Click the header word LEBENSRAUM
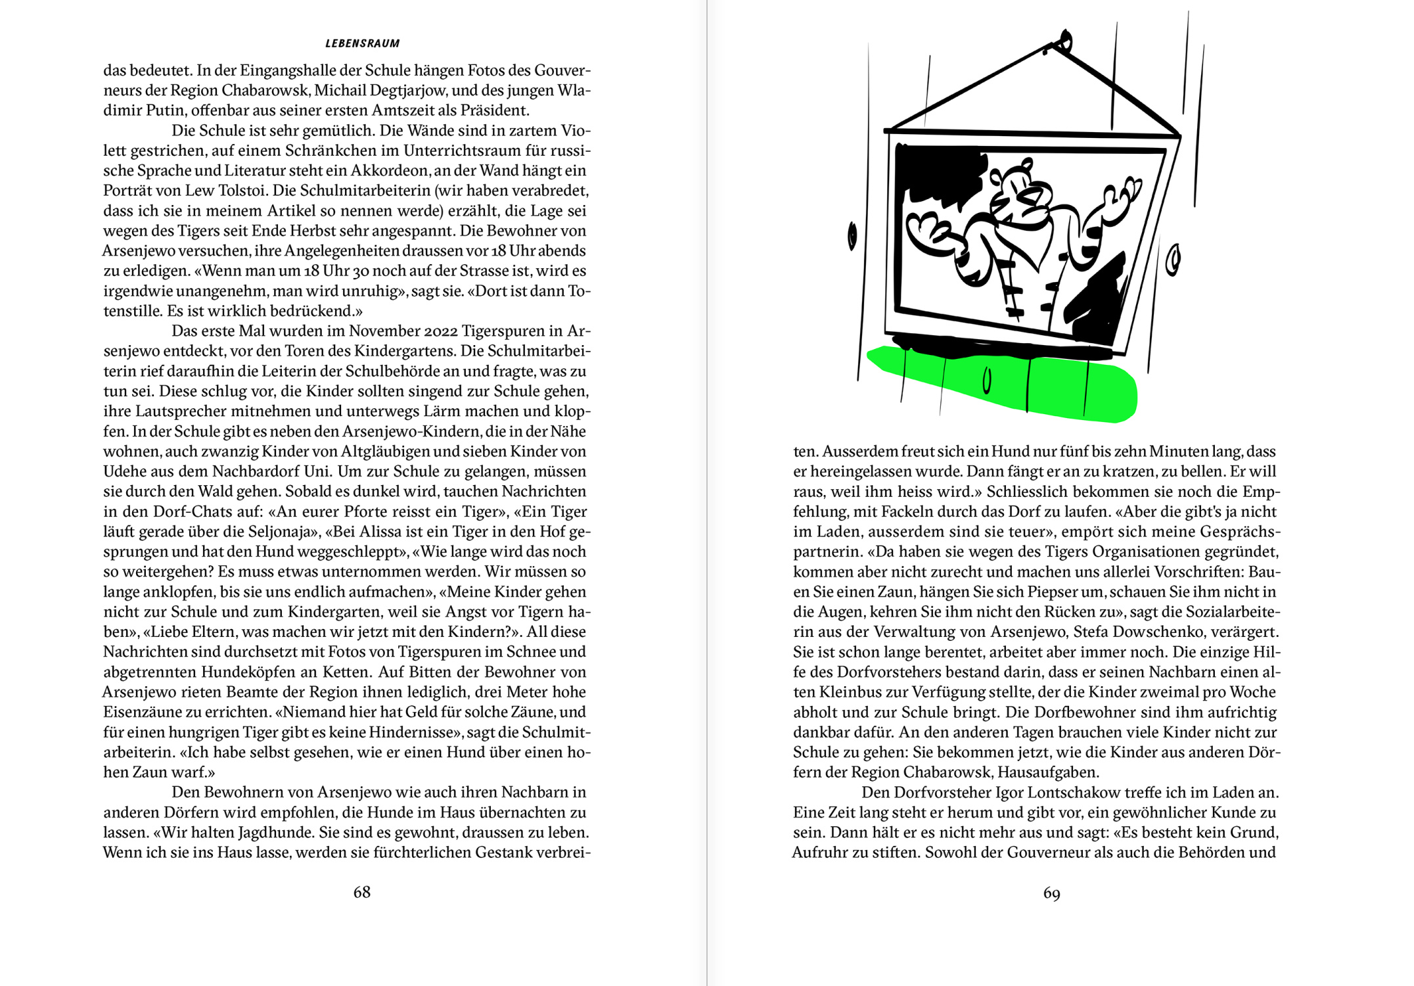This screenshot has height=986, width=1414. [362, 43]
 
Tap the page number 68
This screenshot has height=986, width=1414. [362, 892]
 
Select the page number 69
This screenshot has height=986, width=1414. [1051, 893]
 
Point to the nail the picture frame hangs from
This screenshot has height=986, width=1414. [1064, 41]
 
